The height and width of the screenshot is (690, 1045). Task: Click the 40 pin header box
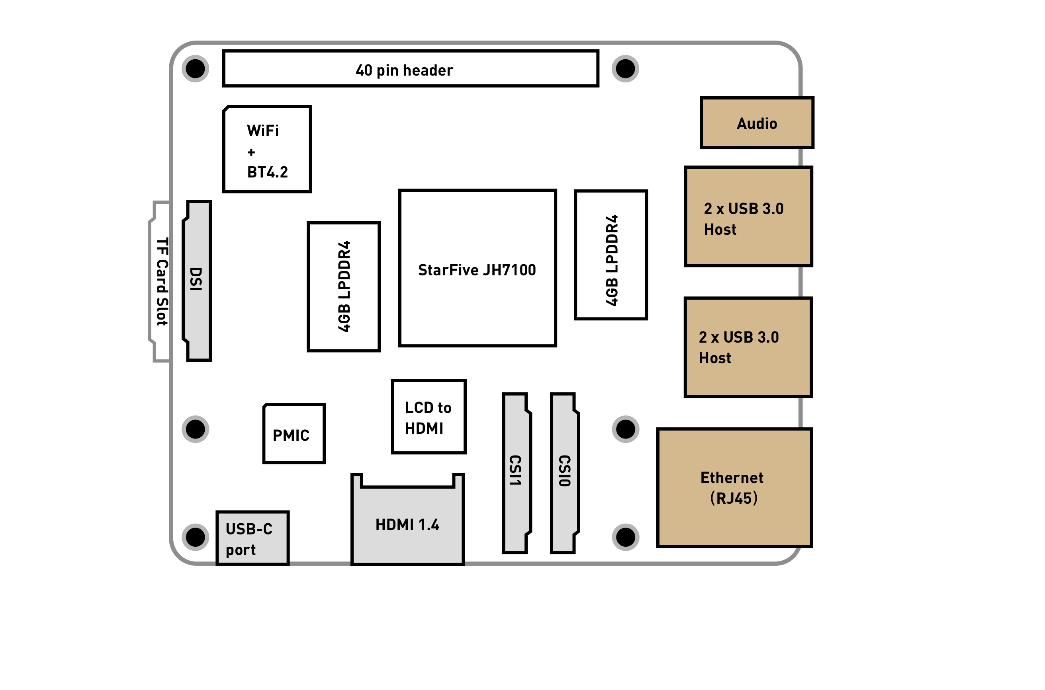411,69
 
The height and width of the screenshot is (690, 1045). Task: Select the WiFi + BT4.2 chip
267,149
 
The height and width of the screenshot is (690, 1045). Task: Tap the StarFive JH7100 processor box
477,269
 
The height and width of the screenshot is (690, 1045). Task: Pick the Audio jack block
757,123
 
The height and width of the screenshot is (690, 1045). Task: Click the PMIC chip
294,434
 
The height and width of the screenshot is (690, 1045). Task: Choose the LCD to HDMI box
429,417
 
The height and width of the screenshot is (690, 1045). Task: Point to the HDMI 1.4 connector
407,524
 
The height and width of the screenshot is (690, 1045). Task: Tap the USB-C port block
252,538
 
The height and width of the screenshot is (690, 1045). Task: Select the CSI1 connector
515,473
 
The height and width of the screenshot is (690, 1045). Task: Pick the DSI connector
197,280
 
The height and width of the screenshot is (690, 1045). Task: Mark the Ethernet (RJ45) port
734,487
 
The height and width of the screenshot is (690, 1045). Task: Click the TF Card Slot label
162,282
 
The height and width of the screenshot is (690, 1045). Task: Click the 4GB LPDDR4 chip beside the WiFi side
344,287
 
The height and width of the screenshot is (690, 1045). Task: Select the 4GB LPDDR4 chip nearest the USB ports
611,255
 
